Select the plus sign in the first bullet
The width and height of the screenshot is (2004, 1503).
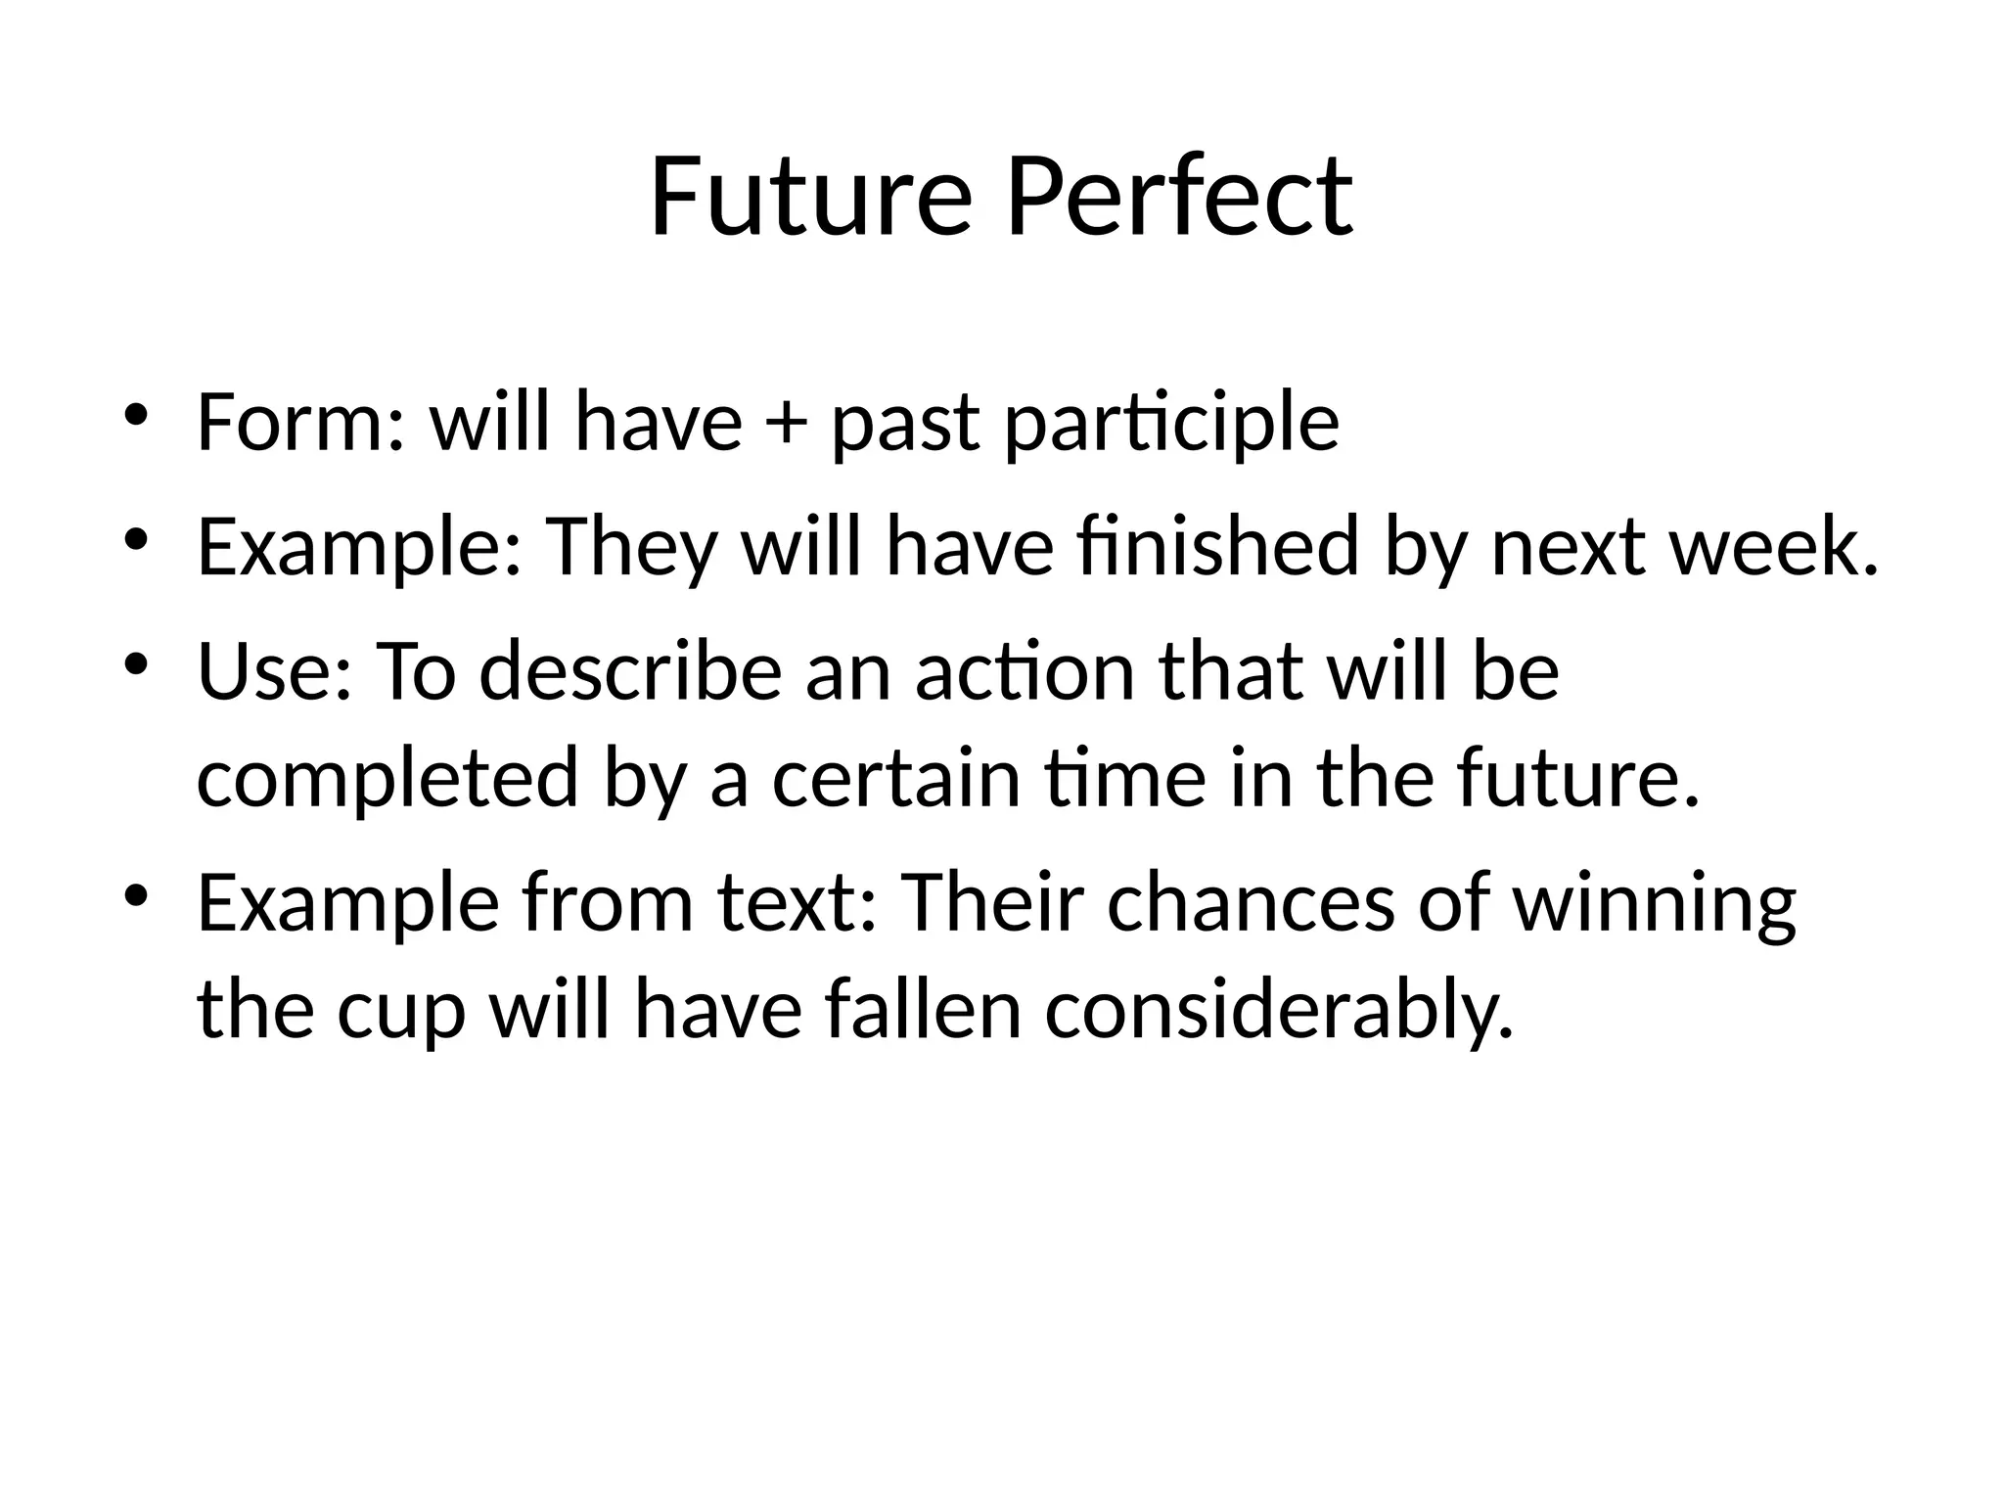787,424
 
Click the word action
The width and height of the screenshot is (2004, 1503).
1025,672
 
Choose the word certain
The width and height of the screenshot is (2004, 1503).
896,778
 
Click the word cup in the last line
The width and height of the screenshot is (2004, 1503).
400,1010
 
